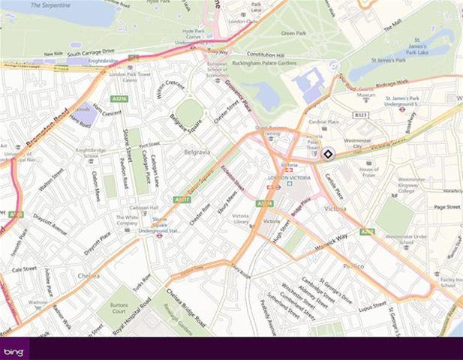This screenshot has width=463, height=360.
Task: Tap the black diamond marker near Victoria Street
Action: [328, 154]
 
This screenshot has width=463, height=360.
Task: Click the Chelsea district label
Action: [89, 276]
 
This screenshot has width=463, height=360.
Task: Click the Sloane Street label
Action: [130, 150]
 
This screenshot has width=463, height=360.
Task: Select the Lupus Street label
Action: [372, 307]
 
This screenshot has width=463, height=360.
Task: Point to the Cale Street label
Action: [24, 268]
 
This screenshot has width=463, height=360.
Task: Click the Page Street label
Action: [446, 206]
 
